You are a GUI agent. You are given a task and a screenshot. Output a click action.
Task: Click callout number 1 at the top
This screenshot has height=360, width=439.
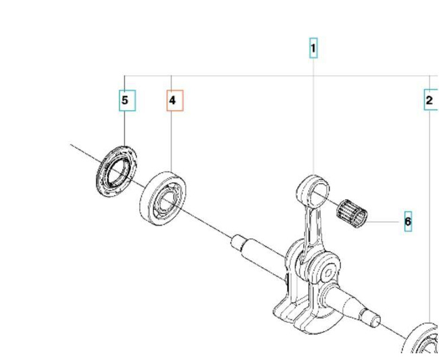point(313,49)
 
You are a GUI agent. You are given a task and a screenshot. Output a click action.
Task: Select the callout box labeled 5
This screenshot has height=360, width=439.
point(125,101)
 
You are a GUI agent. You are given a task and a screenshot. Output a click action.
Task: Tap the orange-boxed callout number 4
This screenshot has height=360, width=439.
point(173,101)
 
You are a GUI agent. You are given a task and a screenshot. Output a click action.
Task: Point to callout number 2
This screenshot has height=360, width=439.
point(430,101)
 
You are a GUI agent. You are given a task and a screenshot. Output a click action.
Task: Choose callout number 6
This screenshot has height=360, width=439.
point(408,222)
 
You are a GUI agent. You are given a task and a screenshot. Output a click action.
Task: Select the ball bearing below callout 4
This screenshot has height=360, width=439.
point(163,197)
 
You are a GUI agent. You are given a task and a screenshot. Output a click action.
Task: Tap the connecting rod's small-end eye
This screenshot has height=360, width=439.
point(313,189)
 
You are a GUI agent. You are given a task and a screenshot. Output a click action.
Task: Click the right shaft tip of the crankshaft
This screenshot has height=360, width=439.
point(370,315)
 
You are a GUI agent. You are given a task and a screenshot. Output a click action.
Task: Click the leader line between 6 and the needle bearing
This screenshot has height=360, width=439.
point(385,221)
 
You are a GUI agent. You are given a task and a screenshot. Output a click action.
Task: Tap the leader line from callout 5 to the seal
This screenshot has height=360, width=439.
point(124,128)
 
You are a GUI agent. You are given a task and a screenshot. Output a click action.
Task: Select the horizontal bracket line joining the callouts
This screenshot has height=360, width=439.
point(270,76)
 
